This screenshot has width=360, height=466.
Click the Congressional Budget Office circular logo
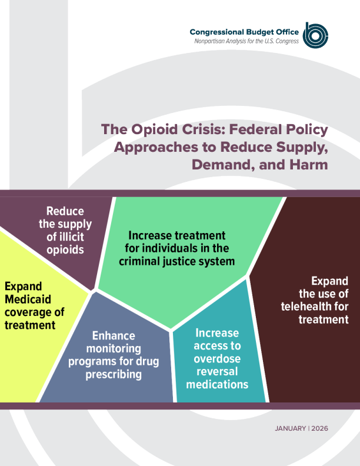click(315, 35)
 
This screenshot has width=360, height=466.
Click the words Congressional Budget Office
click(244, 31)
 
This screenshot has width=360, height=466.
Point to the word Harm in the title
click(308, 164)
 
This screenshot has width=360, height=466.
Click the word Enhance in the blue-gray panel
click(114, 336)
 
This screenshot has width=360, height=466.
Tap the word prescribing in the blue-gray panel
click(113, 374)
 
